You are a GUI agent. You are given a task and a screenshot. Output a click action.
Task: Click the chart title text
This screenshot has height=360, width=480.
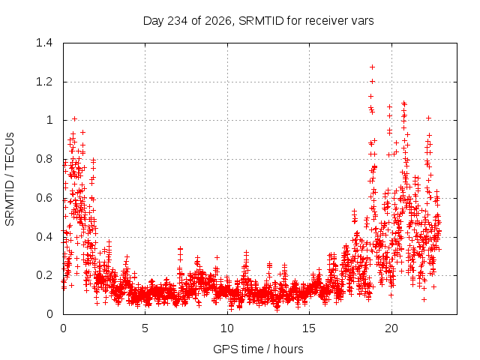pyautogui.click(x=258, y=21)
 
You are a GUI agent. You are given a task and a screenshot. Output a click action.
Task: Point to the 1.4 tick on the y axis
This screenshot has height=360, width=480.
pyautogui.click(x=44, y=43)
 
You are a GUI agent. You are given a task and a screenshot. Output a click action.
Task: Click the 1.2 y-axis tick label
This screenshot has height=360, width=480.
pyautogui.click(x=44, y=82)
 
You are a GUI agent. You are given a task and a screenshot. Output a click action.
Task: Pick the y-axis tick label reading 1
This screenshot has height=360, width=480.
pyautogui.click(x=49, y=120)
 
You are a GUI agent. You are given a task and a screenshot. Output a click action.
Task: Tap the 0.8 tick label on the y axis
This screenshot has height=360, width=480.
pyautogui.click(x=44, y=159)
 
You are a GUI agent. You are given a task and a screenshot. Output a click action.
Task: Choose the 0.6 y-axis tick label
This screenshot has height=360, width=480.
pyautogui.click(x=44, y=198)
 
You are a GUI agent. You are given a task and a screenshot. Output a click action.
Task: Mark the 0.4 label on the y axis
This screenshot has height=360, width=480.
pyautogui.click(x=44, y=237)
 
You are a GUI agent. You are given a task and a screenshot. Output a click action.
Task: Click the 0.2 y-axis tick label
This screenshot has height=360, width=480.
pyautogui.click(x=44, y=275)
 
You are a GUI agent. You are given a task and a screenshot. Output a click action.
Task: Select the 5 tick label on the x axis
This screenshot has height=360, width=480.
pyautogui.click(x=145, y=328)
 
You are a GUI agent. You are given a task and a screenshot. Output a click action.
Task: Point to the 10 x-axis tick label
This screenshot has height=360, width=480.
pyautogui.click(x=227, y=328)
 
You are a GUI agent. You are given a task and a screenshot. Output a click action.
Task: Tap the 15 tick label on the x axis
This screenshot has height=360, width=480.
pyautogui.click(x=309, y=328)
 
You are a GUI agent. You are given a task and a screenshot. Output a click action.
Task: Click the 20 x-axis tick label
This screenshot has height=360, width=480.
pyautogui.click(x=391, y=328)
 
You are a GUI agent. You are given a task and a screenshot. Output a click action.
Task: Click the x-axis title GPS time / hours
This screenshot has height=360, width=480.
pyautogui.click(x=258, y=349)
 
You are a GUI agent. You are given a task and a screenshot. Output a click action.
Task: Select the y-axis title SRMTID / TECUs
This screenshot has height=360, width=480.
pyautogui.click(x=10, y=179)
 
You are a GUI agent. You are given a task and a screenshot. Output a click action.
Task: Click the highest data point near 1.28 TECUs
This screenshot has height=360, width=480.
pyautogui.click(x=372, y=67)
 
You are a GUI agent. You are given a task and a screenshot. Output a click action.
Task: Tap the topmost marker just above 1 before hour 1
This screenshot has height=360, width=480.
pyautogui.click(x=74, y=118)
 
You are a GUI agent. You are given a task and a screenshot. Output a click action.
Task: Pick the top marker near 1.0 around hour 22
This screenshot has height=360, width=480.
pyautogui.click(x=428, y=118)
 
